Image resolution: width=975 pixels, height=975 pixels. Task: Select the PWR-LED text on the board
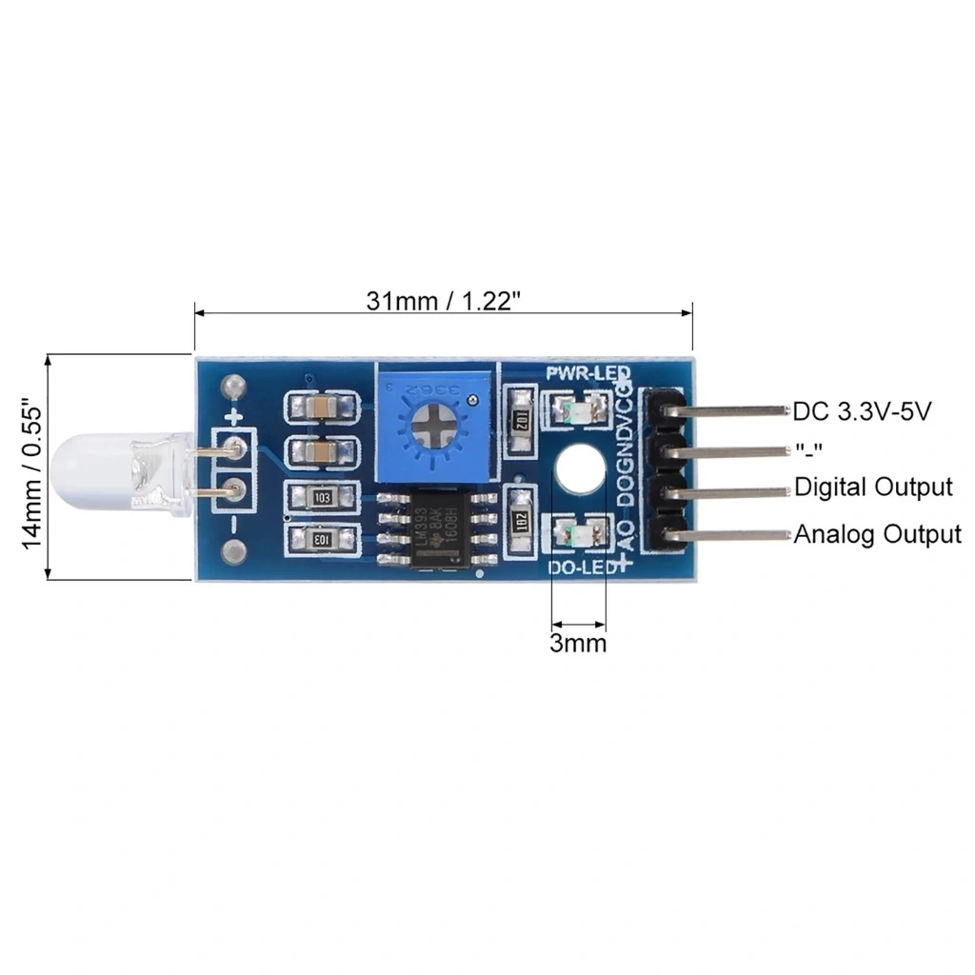[587, 372]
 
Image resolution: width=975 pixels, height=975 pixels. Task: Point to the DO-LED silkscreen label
[585, 568]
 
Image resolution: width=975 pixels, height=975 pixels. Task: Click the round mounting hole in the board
[580, 469]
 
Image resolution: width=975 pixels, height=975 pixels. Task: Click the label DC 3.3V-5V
[861, 412]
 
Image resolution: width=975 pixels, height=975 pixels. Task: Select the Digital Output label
[873, 487]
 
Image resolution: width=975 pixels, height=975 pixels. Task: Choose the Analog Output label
[877, 534]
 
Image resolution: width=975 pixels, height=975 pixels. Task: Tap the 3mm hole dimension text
[578, 644]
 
